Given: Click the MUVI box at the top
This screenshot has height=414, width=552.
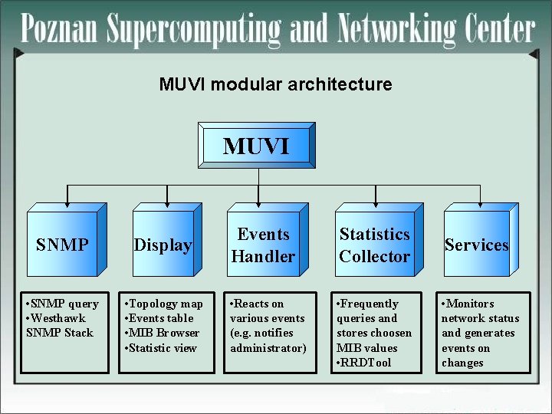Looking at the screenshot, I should [x=256, y=146].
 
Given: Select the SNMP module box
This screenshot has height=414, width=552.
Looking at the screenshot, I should [x=62, y=245].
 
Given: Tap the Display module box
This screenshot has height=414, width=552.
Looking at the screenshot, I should [x=163, y=245].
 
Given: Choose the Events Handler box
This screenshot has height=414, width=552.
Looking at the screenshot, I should [x=263, y=245].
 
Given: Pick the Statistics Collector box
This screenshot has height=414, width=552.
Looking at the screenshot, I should [x=374, y=245].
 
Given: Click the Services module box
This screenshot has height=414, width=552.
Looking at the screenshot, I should [x=476, y=245].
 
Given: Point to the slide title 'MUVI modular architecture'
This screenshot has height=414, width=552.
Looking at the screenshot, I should [x=275, y=84].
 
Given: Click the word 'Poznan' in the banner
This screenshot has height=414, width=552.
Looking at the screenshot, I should [x=60, y=31].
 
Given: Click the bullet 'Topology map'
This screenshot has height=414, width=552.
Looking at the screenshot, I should [x=166, y=304].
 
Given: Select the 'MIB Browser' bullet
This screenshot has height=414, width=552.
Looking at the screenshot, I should [x=163, y=333].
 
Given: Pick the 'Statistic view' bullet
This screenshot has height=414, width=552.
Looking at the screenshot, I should [x=163, y=348].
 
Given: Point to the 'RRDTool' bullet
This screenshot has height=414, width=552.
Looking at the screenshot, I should [x=367, y=363].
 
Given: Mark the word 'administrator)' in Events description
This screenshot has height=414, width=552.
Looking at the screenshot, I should [x=268, y=348].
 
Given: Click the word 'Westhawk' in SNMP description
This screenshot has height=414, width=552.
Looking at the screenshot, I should [x=59, y=318].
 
